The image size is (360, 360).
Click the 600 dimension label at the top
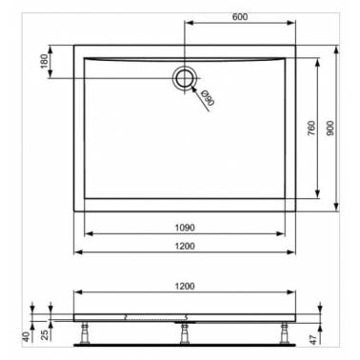pyautogui.click(x=240, y=16)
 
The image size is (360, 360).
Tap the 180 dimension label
pyautogui.click(x=45, y=61)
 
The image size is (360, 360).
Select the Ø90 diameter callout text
pyautogui.click(x=208, y=98)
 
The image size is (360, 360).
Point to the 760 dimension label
pyautogui.click(x=311, y=128)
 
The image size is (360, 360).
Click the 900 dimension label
pyautogui.click(x=330, y=128)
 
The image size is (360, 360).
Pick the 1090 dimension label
pyautogui.click(x=185, y=228)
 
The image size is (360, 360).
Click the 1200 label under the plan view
pyautogui.click(x=185, y=246)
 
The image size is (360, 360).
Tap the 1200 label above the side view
pyautogui.click(x=185, y=286)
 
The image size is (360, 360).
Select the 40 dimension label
pyautogui.click(x=27, y=336)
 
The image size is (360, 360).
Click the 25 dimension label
pyautogui.click(x=46, y=335)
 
